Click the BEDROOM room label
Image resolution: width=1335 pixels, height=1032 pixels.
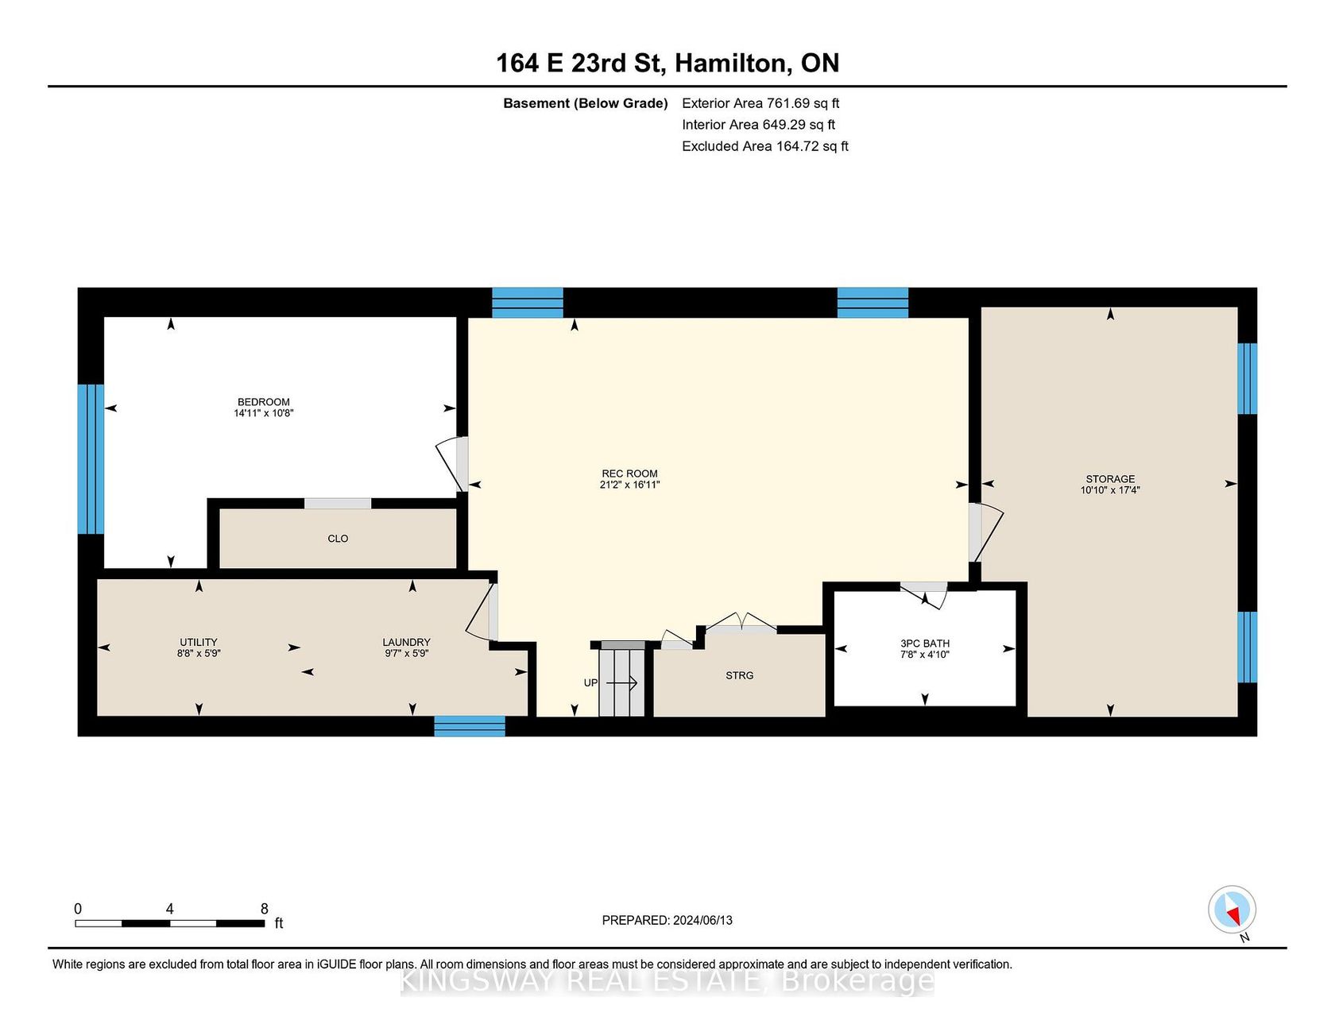(264, 402)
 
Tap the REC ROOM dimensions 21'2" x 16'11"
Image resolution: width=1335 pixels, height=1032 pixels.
(630, 485)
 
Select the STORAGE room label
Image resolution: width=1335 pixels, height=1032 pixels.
(1110, 479)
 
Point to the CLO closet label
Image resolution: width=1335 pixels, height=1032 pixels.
(338, 539)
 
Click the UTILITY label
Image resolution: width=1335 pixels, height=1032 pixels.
(199, 642)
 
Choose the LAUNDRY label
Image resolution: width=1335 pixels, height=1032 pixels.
(407, 642)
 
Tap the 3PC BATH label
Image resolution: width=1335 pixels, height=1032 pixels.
(925, 644)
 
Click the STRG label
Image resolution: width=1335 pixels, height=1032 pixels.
(740, 675)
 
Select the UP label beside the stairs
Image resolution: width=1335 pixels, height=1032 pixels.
(590, 683)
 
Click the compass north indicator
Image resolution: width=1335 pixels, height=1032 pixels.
(1232, 910)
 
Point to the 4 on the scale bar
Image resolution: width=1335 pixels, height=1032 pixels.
(169, 909)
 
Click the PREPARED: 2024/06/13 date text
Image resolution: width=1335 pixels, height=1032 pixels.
(667, 920)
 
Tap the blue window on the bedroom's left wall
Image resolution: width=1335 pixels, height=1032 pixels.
(91, 459)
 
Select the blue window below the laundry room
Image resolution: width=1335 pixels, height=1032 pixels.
(470, 726)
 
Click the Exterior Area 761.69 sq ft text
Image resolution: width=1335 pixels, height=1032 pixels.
(760, 103)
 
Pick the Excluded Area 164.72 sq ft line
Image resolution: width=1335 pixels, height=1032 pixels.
(765, 146)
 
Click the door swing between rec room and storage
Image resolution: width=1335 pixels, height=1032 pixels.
(985, 532)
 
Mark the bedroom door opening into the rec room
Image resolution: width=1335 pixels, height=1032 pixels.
(451, 464)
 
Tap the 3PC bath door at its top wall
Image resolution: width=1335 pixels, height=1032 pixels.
(924, 594)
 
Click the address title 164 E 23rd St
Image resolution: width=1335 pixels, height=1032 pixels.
(579, 64)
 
